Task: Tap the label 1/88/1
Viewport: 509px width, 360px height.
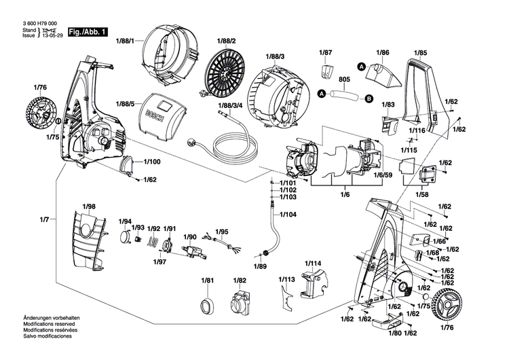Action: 125,41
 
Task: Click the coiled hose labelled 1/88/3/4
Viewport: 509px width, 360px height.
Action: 231,143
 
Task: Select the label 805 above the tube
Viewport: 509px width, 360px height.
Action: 345,79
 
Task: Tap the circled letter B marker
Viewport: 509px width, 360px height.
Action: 369,98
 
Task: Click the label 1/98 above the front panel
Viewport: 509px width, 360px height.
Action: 90,206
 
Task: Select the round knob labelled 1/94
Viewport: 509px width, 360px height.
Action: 125,238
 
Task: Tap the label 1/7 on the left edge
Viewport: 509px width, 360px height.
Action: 45,219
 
